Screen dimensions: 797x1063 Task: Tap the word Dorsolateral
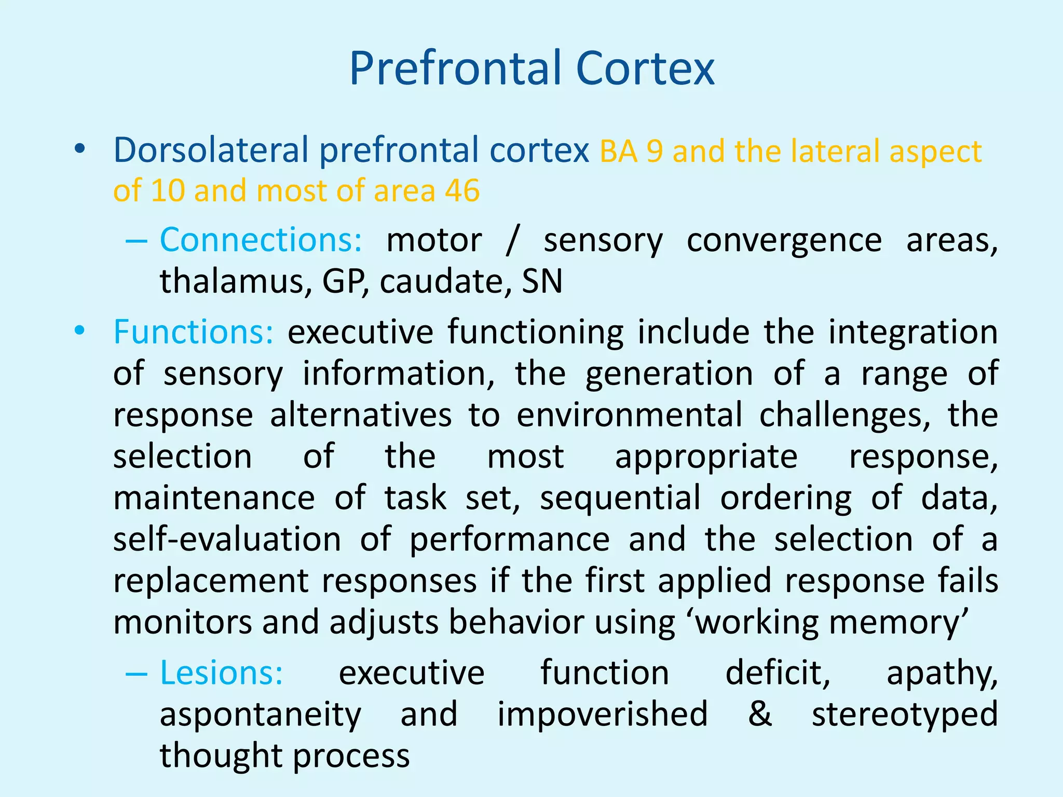(211, 150)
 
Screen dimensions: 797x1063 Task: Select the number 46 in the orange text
(462, 190)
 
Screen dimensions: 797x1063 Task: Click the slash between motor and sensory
(512, 240)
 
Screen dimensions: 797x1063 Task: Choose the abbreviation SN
(542, 281)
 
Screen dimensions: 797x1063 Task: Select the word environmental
(630, 415)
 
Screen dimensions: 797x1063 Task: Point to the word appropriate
(706, 457)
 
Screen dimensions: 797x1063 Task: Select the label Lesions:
(221, 673)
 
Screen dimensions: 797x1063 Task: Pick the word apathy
(942, 673)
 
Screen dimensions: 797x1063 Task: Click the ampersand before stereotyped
(760, 713)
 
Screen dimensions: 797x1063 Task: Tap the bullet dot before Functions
(79, 330)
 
